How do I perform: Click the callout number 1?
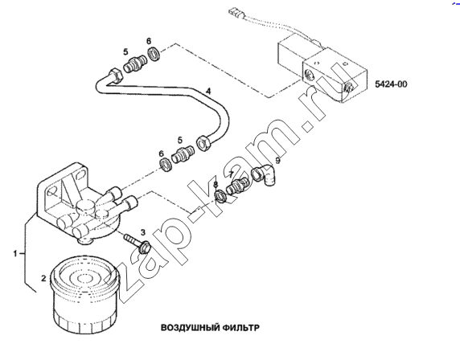(15, 254)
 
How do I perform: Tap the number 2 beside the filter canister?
(43, 278)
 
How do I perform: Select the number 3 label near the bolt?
(143, 232)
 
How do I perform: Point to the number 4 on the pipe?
(208, 91)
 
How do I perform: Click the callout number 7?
(232, 174)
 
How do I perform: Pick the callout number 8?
(216, 184)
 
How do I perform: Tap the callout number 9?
(277, 161)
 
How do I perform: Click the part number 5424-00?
(391, 84)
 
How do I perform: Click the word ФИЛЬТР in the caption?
(242, 328)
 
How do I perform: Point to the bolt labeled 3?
(137, 242)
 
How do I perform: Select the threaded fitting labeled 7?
(237, 185)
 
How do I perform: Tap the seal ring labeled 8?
(220, 196)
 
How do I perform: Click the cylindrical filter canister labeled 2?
(84, 296)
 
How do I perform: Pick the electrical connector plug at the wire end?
(234, 13)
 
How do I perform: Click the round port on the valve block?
(309, 76)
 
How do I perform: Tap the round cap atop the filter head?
(86, 206)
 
